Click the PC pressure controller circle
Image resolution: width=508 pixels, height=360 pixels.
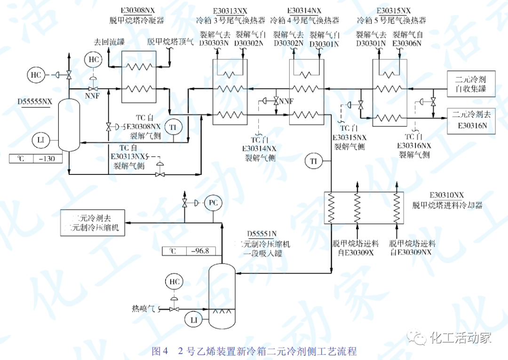coord(213,203)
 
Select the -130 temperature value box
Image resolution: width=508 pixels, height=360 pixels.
coord(45,158)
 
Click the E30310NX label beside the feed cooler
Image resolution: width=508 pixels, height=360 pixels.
coord(447,195)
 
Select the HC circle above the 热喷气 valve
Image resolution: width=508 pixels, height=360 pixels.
coord(174,282)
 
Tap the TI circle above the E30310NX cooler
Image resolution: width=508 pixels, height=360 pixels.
coord(313,161)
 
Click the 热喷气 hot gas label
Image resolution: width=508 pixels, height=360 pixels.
coord(144,309)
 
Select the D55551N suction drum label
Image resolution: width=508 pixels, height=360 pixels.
coord(261,234)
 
